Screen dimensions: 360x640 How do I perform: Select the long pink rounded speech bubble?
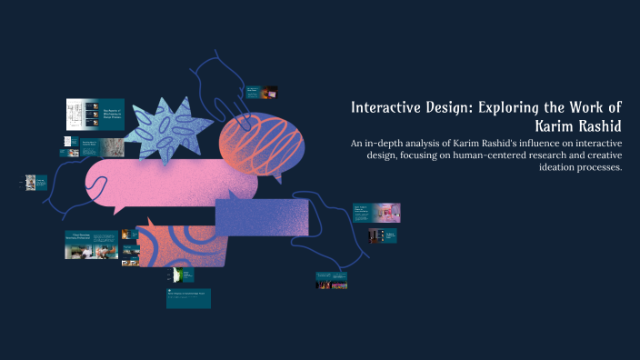click(x=168, y=183)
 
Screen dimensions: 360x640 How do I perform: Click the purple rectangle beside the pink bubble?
click(x=262, y=215)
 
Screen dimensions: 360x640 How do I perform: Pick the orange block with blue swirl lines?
click(x=182, y=244)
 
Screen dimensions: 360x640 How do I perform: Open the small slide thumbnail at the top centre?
click(x=262, y=92)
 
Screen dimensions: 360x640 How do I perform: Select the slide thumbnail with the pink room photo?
click(x=376, y=213)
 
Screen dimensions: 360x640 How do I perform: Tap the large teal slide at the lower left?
click(x=91, y=245)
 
